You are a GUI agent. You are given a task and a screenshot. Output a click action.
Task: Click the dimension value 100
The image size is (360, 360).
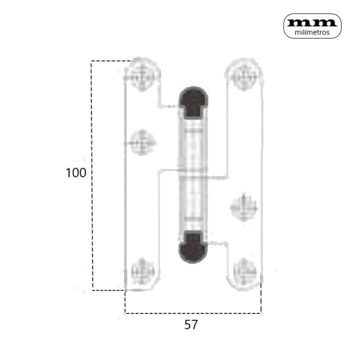pos(76,172)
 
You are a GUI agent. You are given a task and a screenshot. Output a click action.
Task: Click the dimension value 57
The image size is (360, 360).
pos(191,324)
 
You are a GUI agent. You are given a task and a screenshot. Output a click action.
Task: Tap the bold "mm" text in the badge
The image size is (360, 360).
pos(312,22)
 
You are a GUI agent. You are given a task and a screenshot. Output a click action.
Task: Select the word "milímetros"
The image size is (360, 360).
pos(312,32)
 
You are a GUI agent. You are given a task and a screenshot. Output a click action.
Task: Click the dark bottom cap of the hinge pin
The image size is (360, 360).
pos(193,247)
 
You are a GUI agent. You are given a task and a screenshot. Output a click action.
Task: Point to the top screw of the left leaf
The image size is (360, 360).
pos(142,74)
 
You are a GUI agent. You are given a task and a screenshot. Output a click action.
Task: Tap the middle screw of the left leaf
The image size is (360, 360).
pos(142,142)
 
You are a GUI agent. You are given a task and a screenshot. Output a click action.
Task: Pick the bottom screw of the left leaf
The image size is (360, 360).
pos(142,272)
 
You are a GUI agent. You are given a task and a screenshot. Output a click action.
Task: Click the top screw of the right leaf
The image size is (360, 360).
pos(244,74)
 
